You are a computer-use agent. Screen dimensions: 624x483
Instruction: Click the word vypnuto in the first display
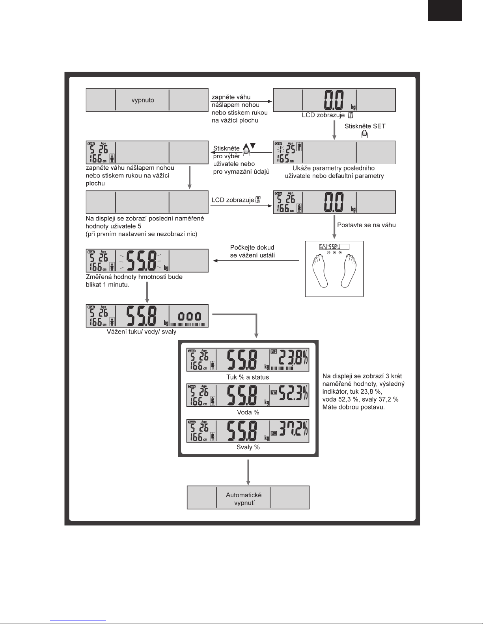point(142,100)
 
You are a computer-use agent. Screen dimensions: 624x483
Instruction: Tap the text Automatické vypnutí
point(243,499)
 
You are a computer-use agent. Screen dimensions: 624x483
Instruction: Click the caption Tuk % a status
point(248,377)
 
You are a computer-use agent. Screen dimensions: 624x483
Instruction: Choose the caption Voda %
point(248,412)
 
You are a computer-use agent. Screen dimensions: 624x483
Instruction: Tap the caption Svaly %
point(248,447)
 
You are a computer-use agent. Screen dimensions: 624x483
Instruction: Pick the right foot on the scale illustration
point(348,270)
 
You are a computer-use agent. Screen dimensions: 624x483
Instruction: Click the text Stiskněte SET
point(365,126)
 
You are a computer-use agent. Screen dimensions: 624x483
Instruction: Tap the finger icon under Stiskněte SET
point(365,134)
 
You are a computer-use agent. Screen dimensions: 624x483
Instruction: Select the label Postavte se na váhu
point(366,225)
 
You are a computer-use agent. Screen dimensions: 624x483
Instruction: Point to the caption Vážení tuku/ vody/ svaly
point(142,331)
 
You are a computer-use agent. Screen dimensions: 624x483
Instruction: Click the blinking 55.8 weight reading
point(140,260)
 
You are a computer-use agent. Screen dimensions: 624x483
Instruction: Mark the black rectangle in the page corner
point(444,10)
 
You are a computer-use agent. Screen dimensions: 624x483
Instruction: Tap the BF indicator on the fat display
point(274,351)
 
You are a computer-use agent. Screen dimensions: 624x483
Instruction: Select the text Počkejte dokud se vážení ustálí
point(252,251)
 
